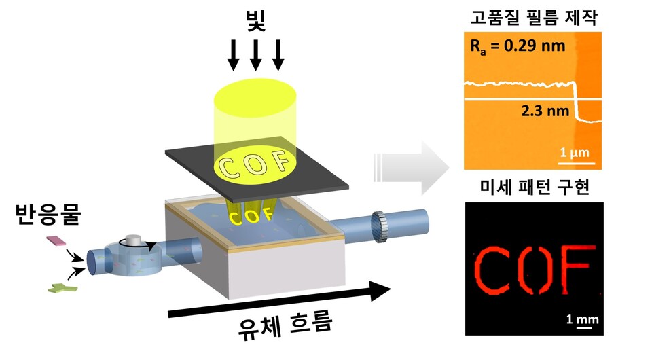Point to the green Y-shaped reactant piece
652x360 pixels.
pyautogui.click(x=61, y=289)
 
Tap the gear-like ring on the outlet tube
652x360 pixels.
pyautogui.click(x=380, y=227)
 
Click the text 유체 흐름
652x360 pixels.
pyautogui.click(x=285, y=328)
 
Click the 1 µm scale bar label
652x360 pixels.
pyautogui.click(x=576, y=154)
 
